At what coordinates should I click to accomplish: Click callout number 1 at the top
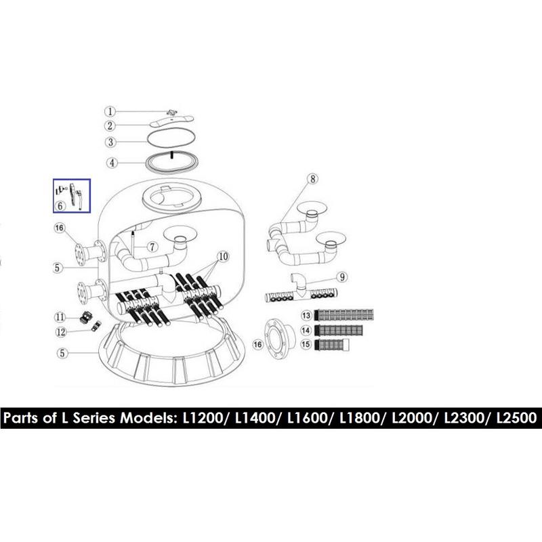coord(110,111)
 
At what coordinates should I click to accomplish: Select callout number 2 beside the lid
coord(110,125)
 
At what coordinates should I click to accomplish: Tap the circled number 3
coord(110,142)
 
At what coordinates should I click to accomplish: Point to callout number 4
coord(112,163)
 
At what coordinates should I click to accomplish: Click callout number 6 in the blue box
coord(60,206)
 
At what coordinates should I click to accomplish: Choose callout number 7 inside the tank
coord(152,247)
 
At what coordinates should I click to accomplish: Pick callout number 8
coord(312,179)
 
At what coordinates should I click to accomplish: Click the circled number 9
coord(342,277)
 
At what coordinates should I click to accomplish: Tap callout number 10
coord(224,257)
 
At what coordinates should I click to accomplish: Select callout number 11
coord(60,317)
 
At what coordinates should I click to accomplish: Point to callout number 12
coord(61,332)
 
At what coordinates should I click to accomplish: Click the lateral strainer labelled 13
coord(344,315)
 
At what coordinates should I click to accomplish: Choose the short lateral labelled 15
coord(331,344)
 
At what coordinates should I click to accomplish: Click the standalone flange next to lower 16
coord(280,340)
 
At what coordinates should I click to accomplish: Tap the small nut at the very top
coord(172,112)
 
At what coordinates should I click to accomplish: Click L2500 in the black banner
coord(516,418)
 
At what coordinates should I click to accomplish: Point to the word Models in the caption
coord(146,418)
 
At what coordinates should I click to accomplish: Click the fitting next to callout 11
coord(86,316)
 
